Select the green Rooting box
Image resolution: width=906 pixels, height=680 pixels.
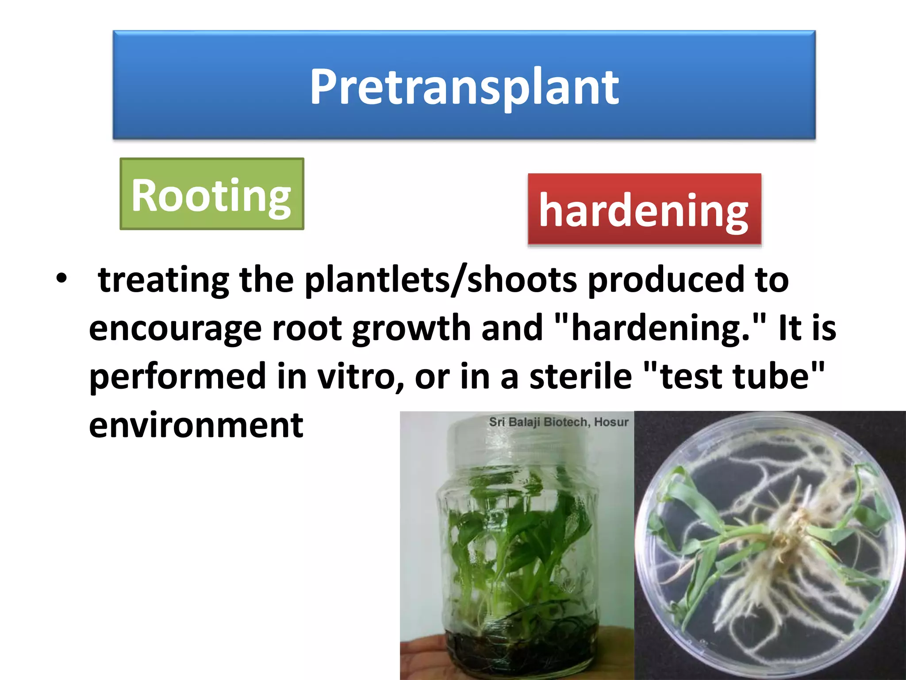[211, 194]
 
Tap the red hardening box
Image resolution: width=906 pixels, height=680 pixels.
[644, 209]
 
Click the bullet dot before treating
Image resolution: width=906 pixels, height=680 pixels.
[61, 278]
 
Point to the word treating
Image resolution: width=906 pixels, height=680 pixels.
[163, 280]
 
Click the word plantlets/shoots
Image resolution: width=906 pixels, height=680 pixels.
[441, 280]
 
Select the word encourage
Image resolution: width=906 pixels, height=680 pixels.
[175, 328]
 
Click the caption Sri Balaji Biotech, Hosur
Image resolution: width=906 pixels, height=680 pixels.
[558, 422]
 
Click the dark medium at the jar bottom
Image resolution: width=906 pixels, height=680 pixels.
[518, 651]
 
